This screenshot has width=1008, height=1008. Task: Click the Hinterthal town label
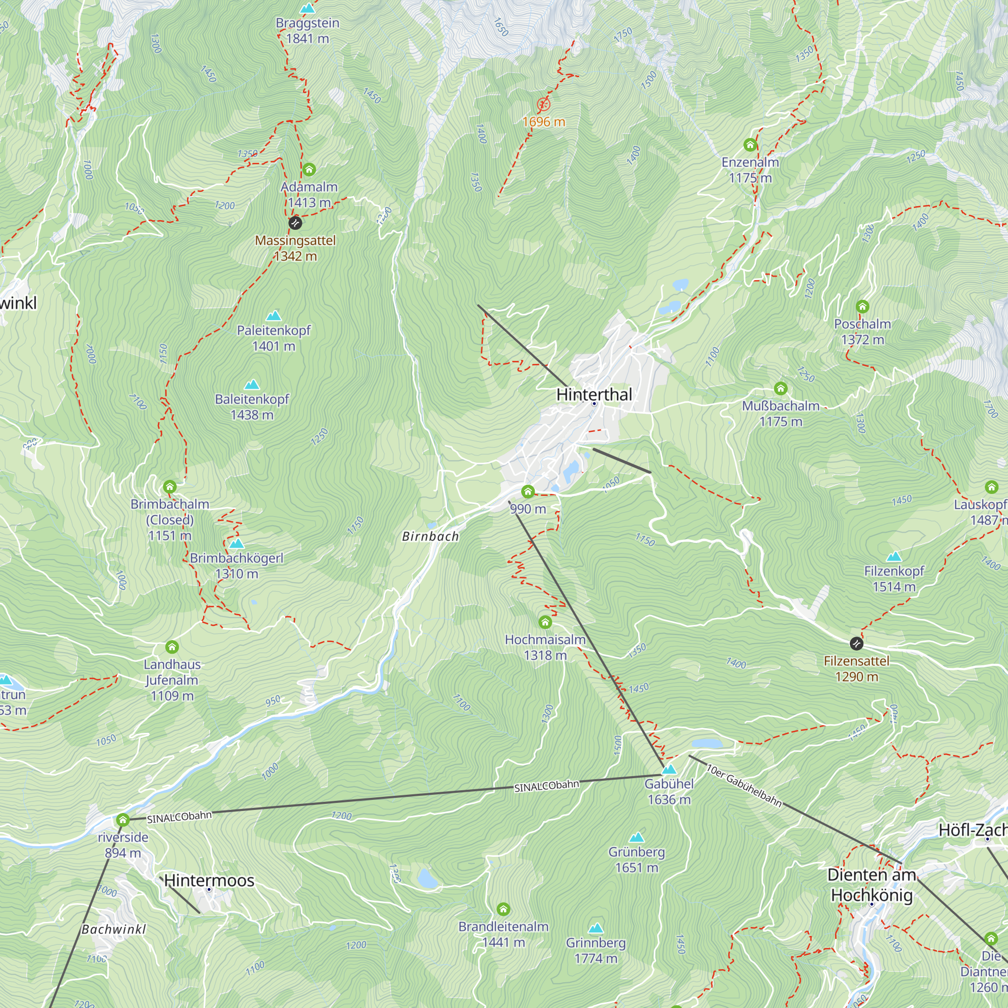click(594, 395)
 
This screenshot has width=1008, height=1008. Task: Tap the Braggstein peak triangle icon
click(308, 9)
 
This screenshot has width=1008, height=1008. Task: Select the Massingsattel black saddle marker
click(295, 223)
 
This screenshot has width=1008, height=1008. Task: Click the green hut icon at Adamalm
click(309, 169)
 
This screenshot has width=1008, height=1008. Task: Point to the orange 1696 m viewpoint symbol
click(544, 104)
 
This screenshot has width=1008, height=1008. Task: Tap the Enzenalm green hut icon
click(750, 145)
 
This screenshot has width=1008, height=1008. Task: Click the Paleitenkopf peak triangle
click(273, 316)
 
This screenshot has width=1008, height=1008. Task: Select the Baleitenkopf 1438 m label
click(252, 406)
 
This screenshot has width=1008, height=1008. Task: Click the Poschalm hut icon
click(862, 306)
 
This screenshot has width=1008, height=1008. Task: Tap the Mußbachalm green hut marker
click(781, 388)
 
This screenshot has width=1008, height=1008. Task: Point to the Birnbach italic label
click(430, 536)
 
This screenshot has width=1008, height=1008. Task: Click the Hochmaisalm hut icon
click(545, 622)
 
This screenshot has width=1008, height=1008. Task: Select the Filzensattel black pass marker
click(856, 644)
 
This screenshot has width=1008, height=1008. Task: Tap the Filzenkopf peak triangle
click(894, 556)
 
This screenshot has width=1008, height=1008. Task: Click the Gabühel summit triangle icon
click(669, 769)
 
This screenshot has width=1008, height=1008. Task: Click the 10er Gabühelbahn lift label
click(744, 785)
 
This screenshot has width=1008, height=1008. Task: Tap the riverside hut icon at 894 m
click(122, 820)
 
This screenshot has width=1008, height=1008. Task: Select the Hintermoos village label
click(209, 880)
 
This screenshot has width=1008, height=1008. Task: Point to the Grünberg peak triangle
click(637, 837)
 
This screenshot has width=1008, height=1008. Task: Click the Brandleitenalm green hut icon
click(503, 909)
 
